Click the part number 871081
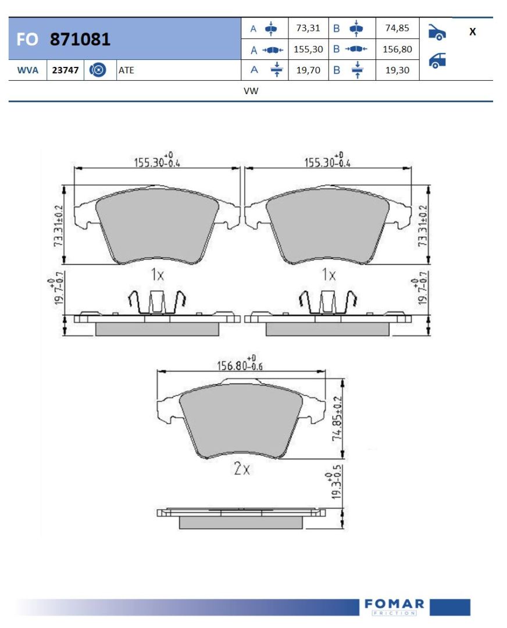tap(80, 40)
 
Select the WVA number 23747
tap(65, 70)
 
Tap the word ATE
tap(126, 70)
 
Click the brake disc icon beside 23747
tap(98, 70)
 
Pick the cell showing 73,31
tap(308, 28)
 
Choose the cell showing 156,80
tap(397, 49)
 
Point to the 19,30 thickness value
tap(397, 70)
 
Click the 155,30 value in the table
tap(308, 49)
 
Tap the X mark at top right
tap(473, 31)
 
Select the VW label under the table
tap(251, 91)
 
